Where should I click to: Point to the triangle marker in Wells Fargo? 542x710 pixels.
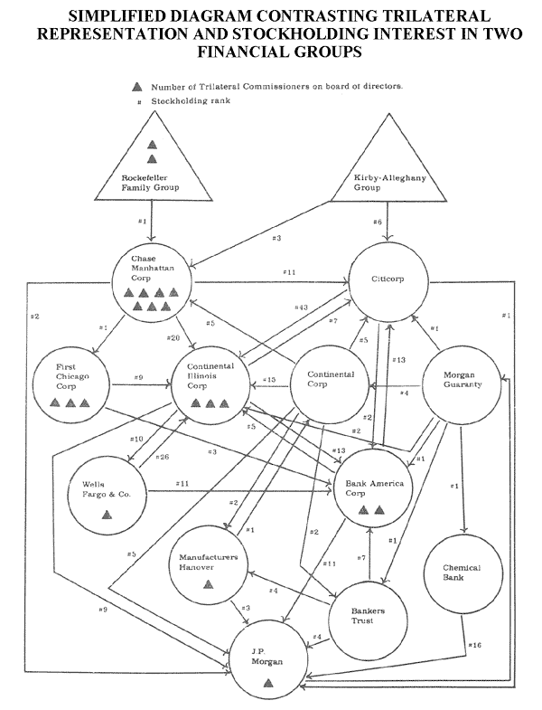pos(107,514)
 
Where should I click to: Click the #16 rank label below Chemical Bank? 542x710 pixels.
pos(475,645)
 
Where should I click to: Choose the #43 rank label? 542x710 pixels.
pos(302,308)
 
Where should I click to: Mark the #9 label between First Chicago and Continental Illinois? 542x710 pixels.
pos(137,376)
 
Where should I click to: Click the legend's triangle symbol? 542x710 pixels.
pos(137,87)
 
